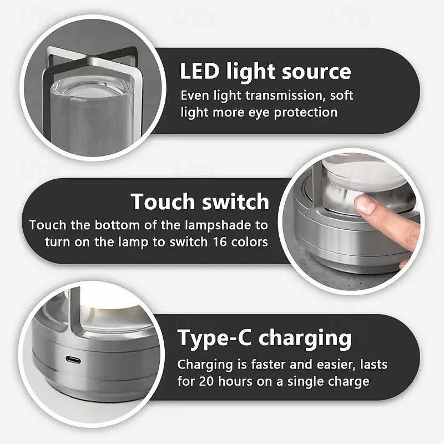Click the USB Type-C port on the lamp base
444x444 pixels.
[x=73, y=360]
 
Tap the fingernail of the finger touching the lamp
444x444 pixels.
[x=366, y=204]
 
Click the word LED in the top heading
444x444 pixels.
[x=200, y=71]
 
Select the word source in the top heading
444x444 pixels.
[x=316, y=72]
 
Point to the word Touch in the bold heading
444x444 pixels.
[x=163, y=201]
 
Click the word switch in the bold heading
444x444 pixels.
[x=235, y=201]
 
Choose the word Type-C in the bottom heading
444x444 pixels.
[x=214, y=339]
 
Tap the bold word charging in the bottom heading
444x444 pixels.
[x=305, y=339]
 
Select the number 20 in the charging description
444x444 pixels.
[x=206, y=381]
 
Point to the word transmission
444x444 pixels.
[x=284, y=95]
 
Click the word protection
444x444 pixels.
[x=306, y=113]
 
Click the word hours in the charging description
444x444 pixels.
[x=235, y=381]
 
